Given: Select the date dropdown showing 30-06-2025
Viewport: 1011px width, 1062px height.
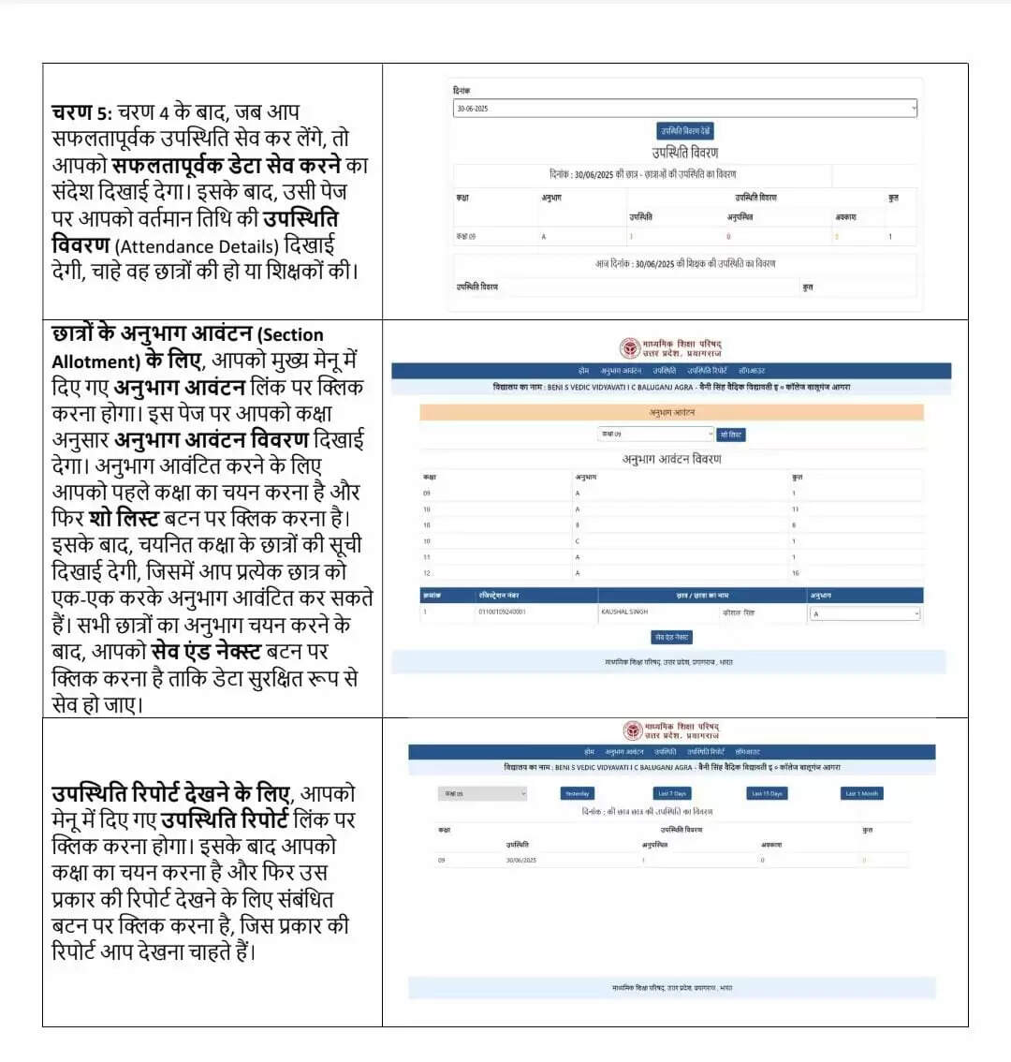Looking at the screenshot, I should pyautogui.click(x=685, y=109).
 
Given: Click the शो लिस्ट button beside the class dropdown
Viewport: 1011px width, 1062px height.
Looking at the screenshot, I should pyautogui.click(x=731, y=435).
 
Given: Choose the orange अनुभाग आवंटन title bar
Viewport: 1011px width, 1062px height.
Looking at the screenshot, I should pyautogui.click(x=671, y=412).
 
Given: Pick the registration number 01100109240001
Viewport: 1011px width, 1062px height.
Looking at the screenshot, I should pyautogui.click(x=502, y=612).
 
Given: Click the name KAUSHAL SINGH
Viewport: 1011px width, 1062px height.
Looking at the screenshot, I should pyautogui.click(x=623, y=612).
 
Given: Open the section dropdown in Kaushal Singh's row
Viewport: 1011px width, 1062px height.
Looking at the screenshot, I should pyautogui.click(x=865, y=614).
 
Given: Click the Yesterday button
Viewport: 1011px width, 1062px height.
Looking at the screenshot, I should pyautogui.click(x=577, y=794).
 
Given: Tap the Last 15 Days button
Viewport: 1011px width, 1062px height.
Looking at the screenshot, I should pyautogui.click(x=767, y=794).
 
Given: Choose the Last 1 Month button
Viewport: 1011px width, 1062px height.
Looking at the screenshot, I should pyautogui.click(x=861, y=794).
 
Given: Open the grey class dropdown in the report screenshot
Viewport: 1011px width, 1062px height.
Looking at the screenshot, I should pyautogui.click(x=482, y=794).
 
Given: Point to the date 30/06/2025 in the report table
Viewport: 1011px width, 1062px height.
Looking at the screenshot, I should pyautogui.click(x=520, y=860).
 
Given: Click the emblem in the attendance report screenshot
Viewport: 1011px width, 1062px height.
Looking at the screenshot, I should pyautogui.click(x=633, y=730).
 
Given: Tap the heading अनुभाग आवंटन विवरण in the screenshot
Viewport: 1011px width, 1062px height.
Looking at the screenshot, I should pyautogui.click(x=671, y=459).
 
